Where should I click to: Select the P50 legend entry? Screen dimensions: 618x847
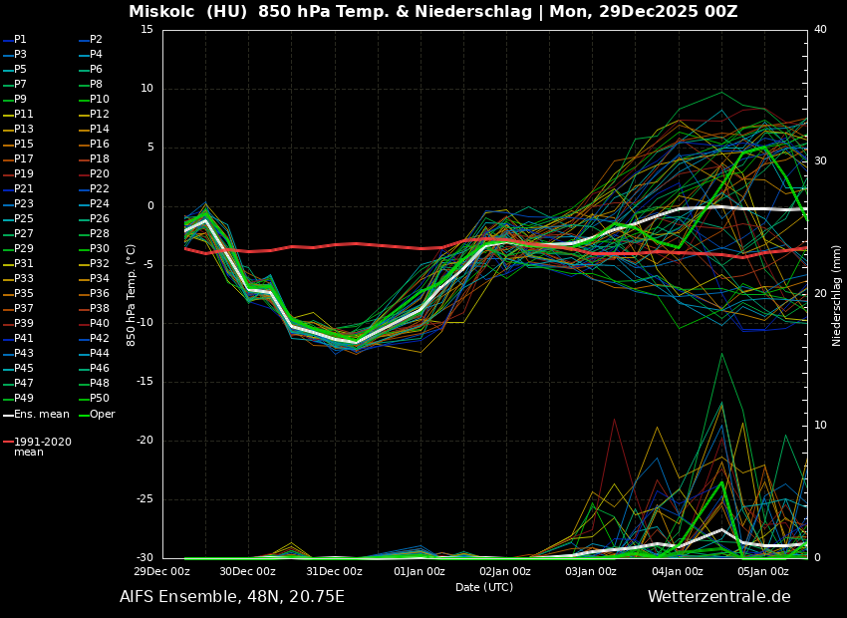(99, 399)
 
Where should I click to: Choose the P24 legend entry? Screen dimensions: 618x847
(99, 204)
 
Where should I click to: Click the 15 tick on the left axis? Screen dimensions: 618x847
(146, 30)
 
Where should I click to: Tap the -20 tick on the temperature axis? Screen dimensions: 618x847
(145, 441)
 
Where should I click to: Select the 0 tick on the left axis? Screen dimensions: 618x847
(150, 206)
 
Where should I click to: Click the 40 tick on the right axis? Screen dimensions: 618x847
(820, 30)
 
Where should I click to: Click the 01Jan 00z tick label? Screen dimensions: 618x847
(420, 571)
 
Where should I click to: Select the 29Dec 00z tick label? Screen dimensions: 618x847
(162, 571)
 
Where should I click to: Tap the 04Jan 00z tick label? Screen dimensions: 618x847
(678, 571)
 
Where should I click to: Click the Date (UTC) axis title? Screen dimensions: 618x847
(484, 587)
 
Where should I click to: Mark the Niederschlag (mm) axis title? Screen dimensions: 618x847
(837, 295)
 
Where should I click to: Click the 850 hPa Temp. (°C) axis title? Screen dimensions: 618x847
(132, 295)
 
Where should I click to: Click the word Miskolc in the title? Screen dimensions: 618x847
(162, 12)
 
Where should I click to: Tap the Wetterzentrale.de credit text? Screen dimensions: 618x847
(718, 597)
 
